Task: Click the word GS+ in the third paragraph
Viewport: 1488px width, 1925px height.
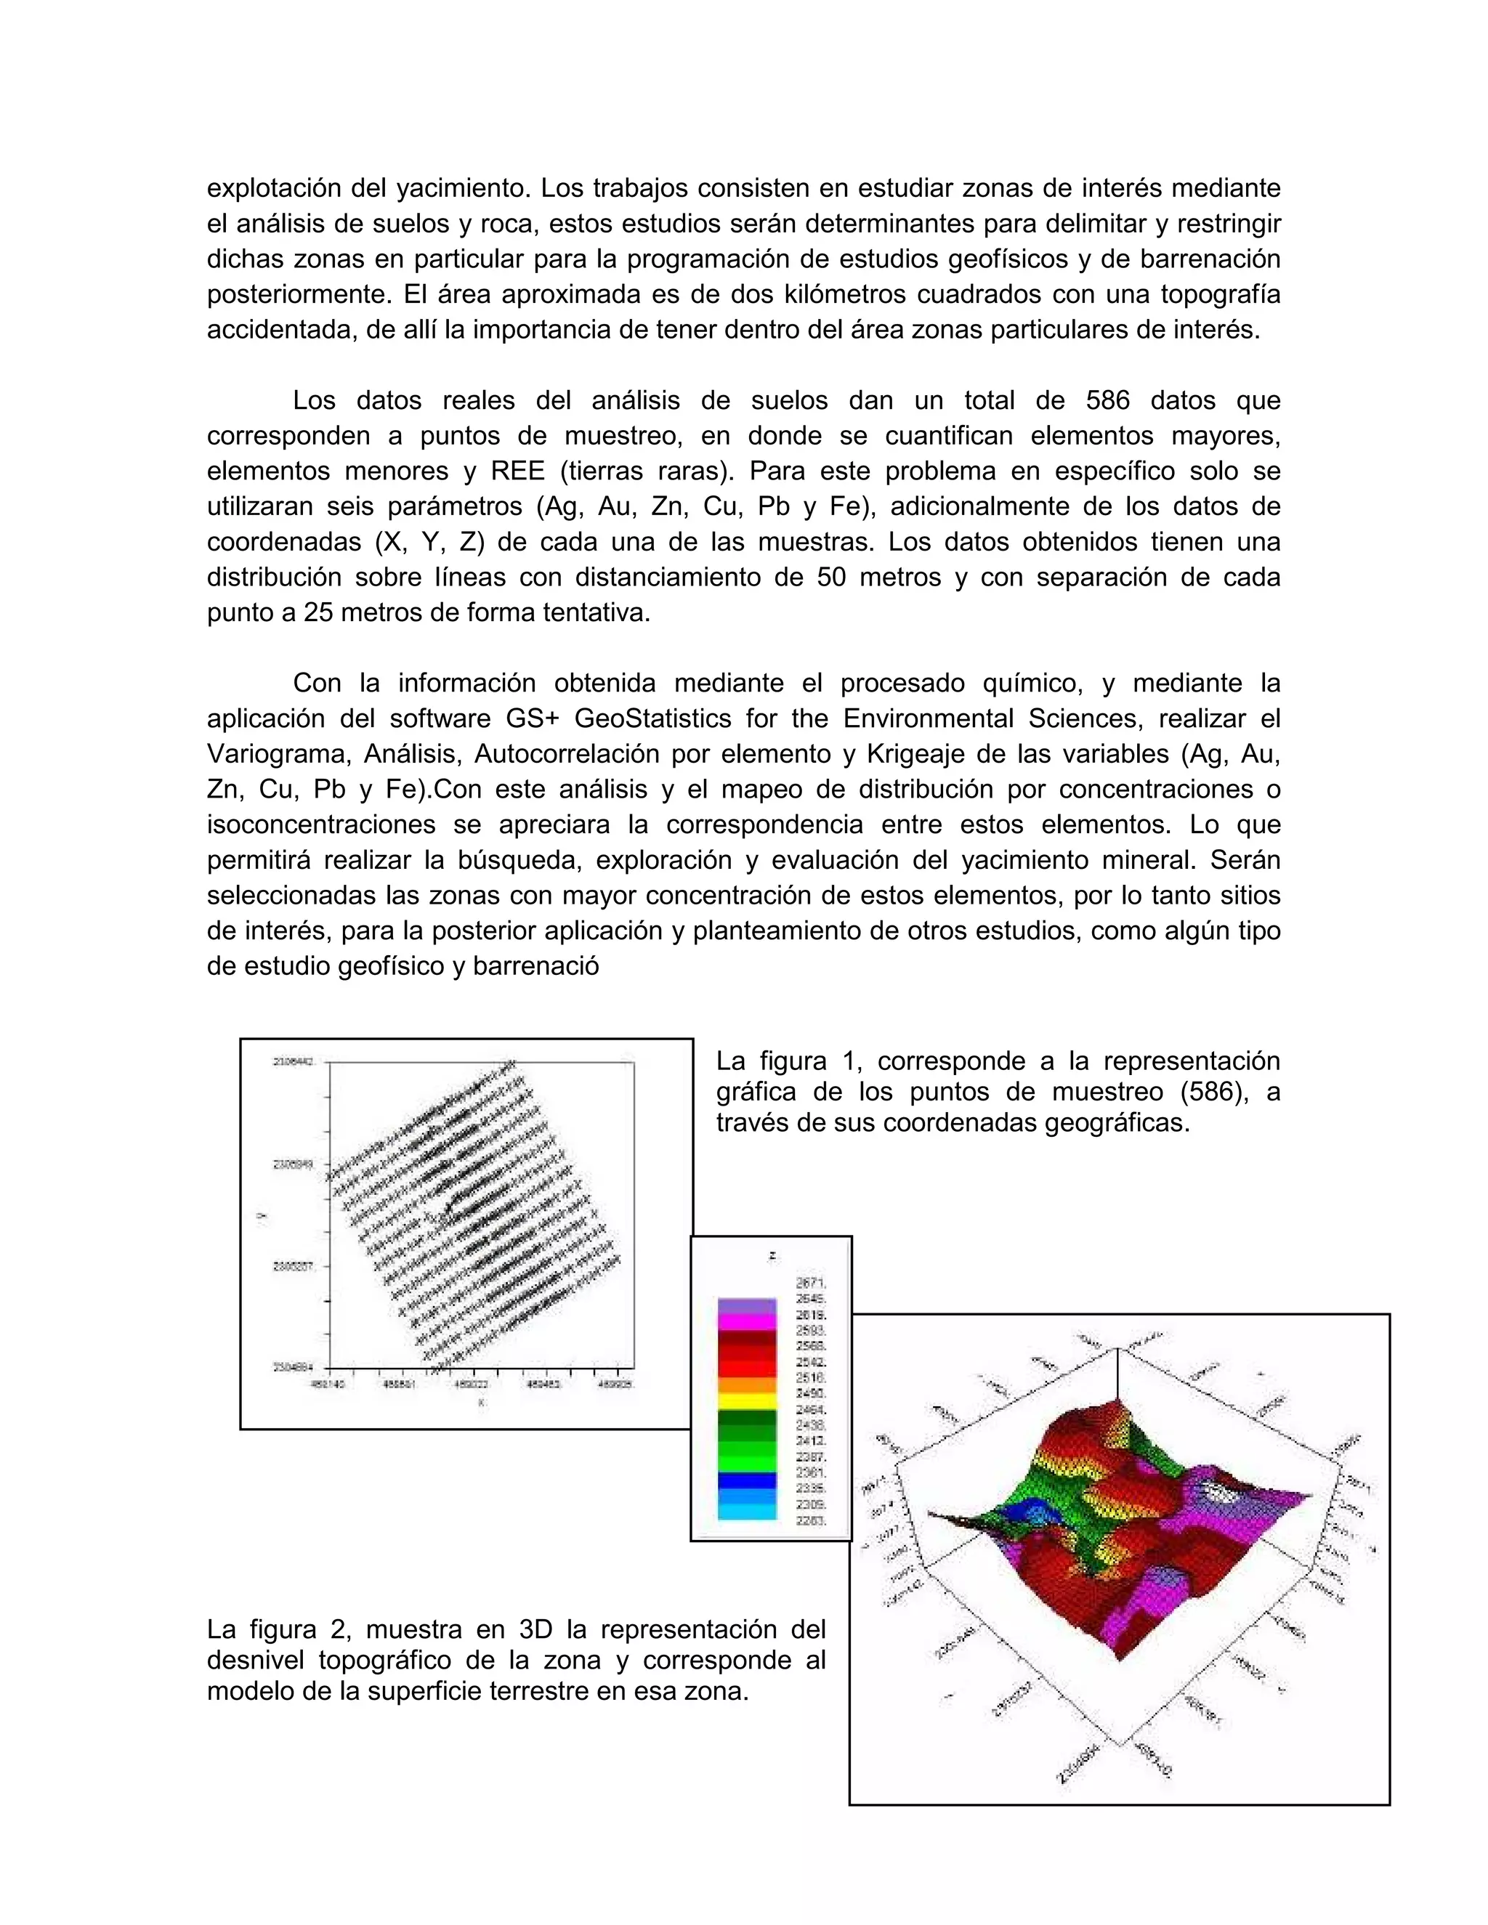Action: [533, 718]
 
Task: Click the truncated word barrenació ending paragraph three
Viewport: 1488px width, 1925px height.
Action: [536, 966]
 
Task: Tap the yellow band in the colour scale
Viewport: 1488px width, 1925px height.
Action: [747, 1401]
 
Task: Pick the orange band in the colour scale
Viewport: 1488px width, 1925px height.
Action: [747, 1385]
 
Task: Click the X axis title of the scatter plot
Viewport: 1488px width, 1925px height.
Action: [480, 1401]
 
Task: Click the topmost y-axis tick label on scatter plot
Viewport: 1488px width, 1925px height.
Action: [294, 1062]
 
